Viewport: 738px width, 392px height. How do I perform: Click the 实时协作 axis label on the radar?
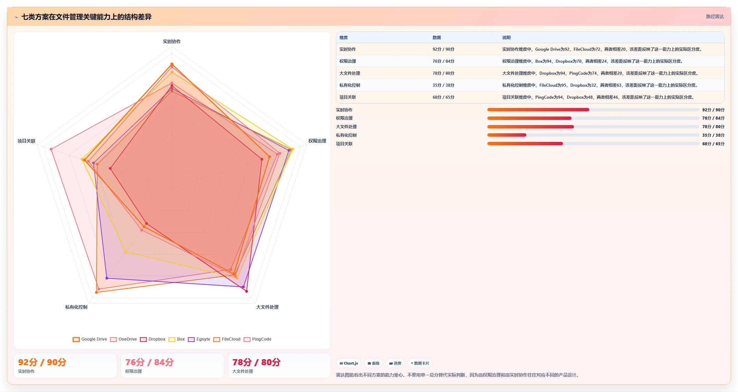click(x=172, y=41)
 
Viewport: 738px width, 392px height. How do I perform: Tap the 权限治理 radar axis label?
click(x=317, y=141)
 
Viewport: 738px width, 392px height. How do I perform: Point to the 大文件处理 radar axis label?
click(x=267, y=307)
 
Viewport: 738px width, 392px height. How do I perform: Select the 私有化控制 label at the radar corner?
click(x=76, y=307)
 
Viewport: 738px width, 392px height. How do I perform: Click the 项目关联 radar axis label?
click(x=26, y=141)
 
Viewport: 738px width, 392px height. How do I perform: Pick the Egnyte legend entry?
click(x=199, y=339)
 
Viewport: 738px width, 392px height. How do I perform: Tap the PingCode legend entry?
click(x=257, y=339)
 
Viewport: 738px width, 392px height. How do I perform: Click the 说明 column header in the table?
click(x=506, y=38)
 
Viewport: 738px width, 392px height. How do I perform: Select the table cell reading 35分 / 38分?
click(x=443, y=85)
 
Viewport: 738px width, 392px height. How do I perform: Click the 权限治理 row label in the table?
click(x=348, y=61)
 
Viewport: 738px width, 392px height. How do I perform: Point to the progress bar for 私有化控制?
click(x=593, y=135)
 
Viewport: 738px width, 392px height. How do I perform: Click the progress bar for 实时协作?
click(x=593, y=110)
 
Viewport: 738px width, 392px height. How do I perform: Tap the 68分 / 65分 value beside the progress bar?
click(x=713, y=144)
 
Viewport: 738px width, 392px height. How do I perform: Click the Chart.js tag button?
click(x=349, y=363)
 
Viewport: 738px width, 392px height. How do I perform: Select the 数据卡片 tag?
click(x=420, y=363)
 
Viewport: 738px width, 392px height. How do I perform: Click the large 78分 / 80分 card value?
click(x=257, y=362)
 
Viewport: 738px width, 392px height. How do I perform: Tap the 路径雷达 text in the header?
click(x=715, y=16)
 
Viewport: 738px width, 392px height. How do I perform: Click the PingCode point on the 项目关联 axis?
click(x=51, y=149)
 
